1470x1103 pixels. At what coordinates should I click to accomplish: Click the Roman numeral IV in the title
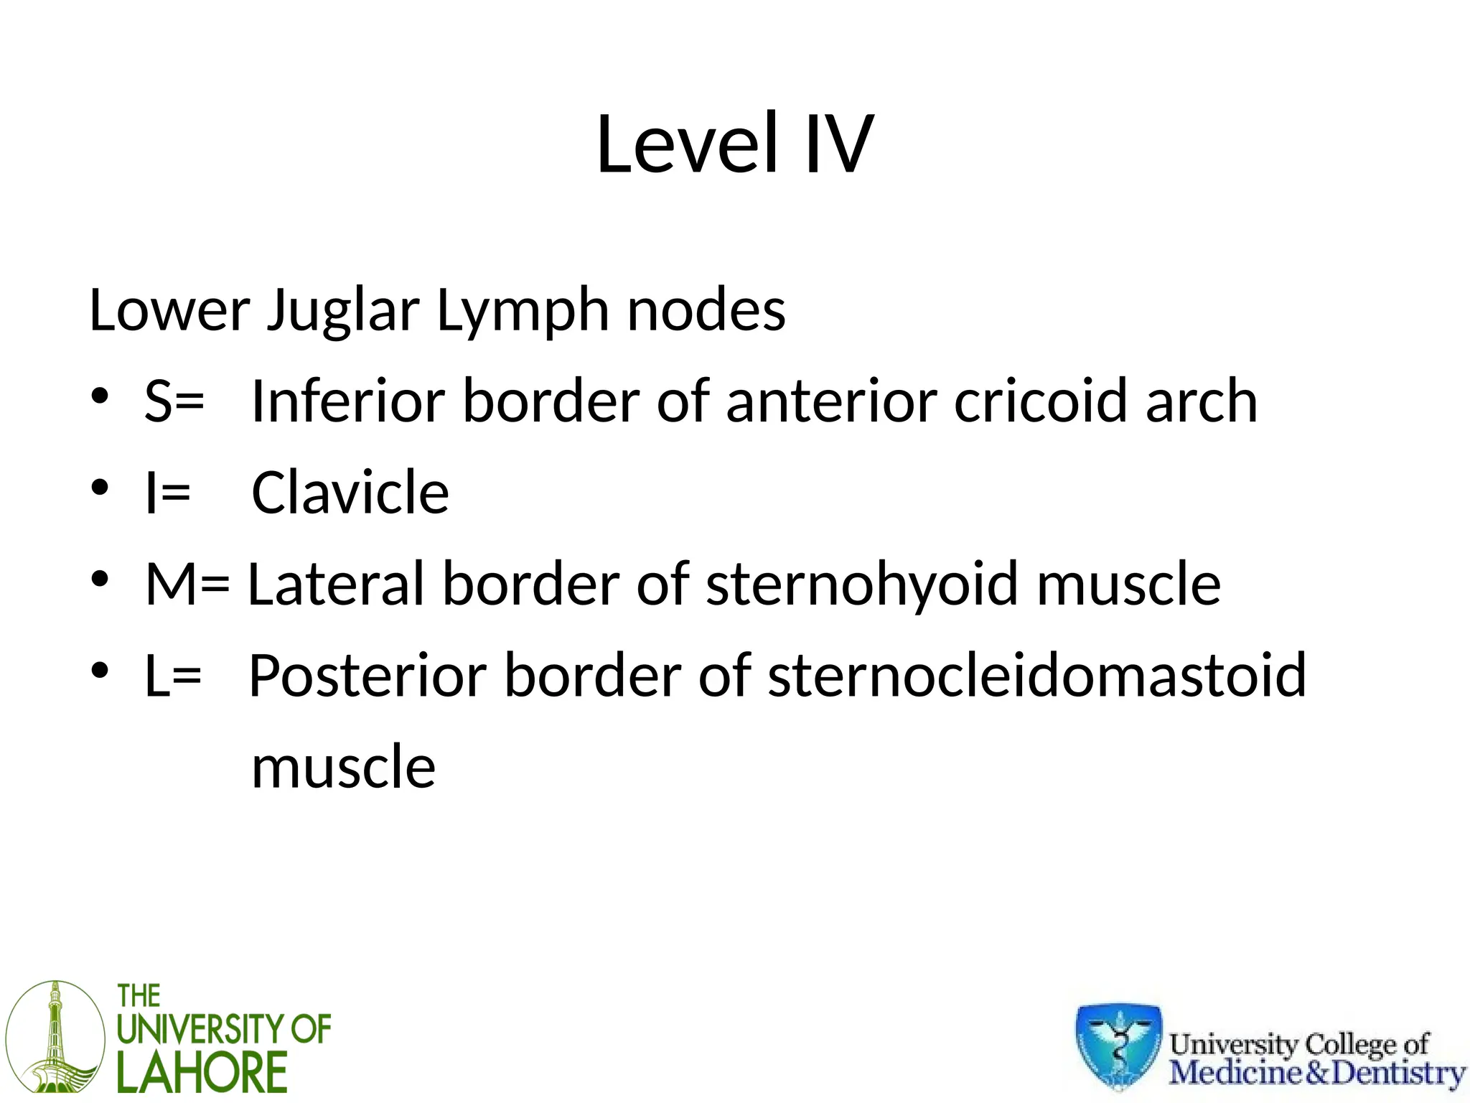pyautogui.click(x=838, y=144)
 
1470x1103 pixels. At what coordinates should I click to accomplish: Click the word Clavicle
pyautogui.click(x=350, y=493)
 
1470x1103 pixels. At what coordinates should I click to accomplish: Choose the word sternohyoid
pyautogui.click(x=862, y=584)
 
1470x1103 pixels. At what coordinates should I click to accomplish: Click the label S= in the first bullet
pyautogui.click(x=174, y=401)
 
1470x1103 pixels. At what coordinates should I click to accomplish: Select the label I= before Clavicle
pyautogui.click(x=167, y=493)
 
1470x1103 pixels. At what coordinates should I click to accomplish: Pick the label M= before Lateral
pyautogui.click(x=187, y=584)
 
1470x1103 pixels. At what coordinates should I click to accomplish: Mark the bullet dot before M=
pyautogui.click(x=100, y=578)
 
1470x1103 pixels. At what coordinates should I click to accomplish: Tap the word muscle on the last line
pyautogui.click(x=343, y=767)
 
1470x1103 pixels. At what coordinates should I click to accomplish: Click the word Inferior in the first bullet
pyautogui.click(x=348, y=401)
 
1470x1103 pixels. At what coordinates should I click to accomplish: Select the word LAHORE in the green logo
pyautogui.click(x=202, y=1073)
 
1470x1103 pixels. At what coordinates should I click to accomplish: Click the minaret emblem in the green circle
pyautogui.click(x=55, y=1037)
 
